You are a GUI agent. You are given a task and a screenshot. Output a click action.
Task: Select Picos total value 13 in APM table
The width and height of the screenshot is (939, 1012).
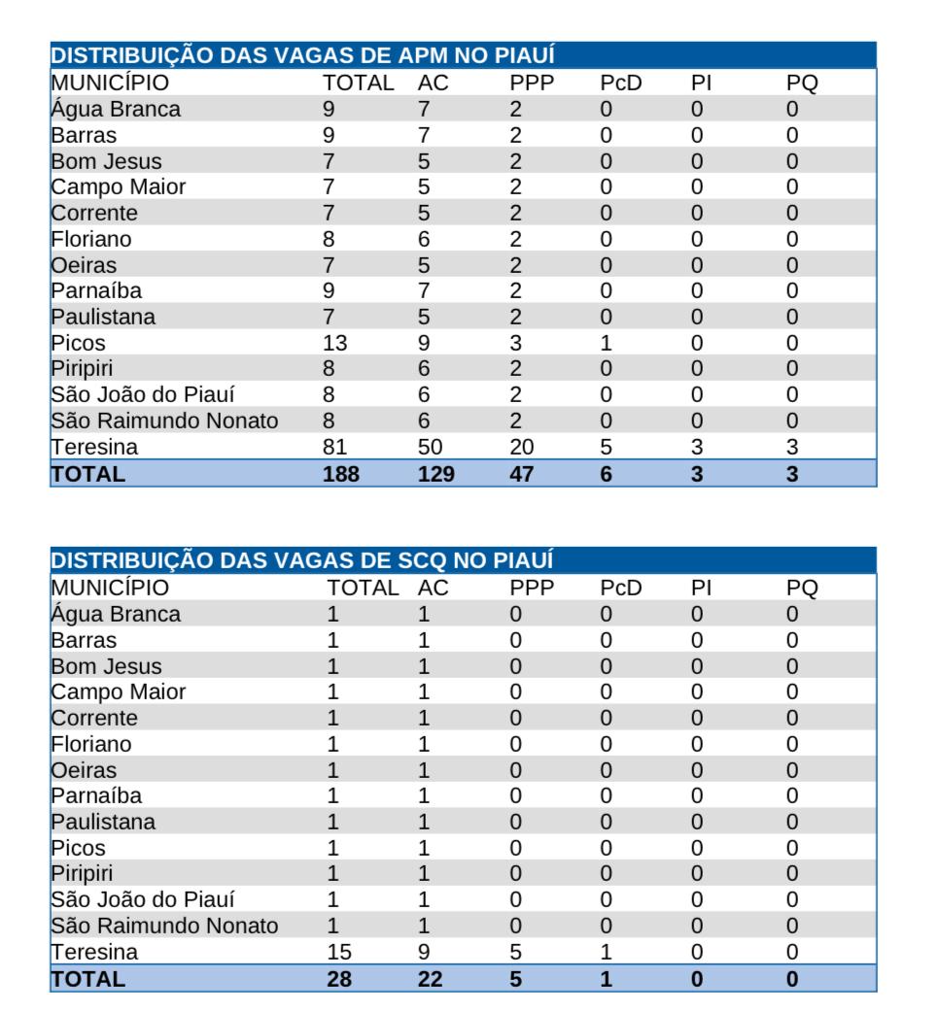[x=334, y=343]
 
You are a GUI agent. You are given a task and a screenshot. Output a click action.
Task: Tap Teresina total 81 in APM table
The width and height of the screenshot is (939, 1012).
[x=334, y=448]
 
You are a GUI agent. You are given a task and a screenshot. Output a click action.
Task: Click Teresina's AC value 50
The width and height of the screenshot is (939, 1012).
[x=430, y=448]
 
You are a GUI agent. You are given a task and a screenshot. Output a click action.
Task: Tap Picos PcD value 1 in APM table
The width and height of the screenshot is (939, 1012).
[x=606, y=343]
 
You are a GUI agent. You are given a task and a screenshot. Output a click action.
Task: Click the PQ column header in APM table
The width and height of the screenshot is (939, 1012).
[x=802, y=83]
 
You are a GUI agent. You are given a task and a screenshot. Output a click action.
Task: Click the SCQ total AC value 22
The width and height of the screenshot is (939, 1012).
[x=430, y=979]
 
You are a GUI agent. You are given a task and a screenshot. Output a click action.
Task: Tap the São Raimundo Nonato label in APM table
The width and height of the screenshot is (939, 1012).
[x=164, y=422]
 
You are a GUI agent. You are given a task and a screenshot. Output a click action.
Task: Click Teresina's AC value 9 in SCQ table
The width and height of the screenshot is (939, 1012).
[x=424, y=953]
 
